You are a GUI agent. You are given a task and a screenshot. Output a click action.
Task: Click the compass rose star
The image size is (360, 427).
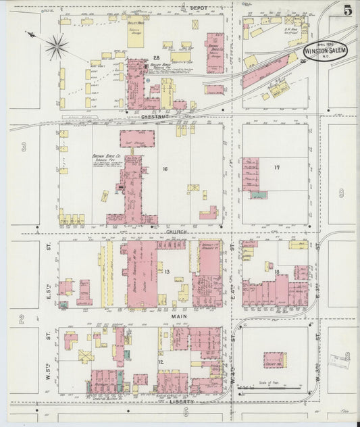57,47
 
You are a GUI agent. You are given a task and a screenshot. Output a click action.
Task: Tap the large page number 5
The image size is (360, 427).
346,10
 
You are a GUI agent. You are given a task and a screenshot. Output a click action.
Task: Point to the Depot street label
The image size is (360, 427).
199,7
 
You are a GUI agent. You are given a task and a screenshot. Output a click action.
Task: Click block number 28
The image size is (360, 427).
156,58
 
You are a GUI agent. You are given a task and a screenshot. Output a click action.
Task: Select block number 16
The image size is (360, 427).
164,168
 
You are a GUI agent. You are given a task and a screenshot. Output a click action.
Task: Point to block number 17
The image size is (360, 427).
277,167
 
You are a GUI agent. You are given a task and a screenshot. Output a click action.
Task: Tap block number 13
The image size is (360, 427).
166,272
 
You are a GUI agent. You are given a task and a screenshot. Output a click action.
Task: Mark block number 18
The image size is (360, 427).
277,272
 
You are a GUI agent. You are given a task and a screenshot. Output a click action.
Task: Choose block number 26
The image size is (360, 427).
303,61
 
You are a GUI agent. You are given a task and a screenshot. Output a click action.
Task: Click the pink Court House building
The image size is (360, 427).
274,359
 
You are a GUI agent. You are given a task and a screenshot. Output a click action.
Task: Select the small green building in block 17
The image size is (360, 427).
258,195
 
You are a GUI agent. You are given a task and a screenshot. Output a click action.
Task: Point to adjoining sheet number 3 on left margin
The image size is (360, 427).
23,147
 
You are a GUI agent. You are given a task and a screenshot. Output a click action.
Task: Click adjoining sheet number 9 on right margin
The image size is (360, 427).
342,193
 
